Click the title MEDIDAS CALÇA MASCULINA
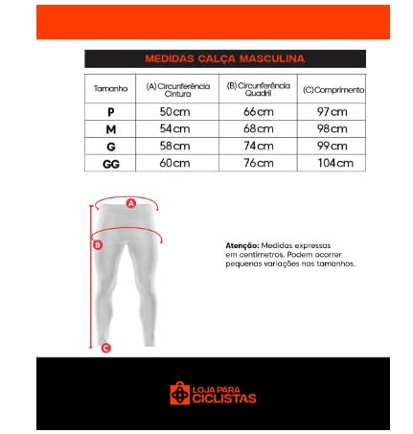point(225,58)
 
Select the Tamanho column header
point(111,89)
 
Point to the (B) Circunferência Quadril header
point(259,89)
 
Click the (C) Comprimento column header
point(333,89)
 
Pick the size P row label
point(111,111)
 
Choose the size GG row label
point(111,163)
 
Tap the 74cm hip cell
point(259,146)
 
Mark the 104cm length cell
point(333,163)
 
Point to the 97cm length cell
point(333,111)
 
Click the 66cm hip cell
point(259,111)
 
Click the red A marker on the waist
point(131,202)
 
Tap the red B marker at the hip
point(98,245)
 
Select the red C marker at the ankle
point(105,348)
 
